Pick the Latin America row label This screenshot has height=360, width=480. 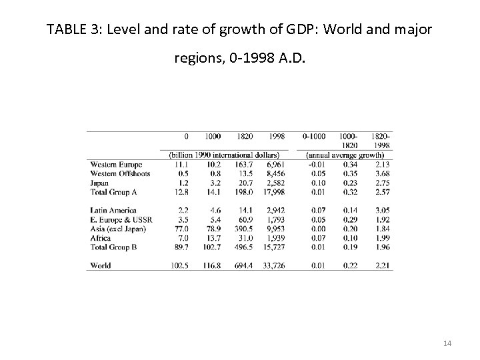click(111, 209)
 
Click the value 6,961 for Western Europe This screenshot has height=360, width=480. click(274, 164)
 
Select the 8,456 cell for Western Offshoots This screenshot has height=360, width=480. click(274, 173)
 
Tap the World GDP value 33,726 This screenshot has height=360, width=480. click(273, 265)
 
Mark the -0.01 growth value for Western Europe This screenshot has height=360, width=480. click(314, 164)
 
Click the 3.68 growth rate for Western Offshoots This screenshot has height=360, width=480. click(381, 173)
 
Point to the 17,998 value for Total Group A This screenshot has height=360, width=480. click(273, 191)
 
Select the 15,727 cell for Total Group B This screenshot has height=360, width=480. click(273, 246)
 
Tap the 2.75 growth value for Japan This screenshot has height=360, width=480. click(381, 182)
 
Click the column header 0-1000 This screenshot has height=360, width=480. click(314, 136)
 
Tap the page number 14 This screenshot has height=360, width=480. click(447, 343)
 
